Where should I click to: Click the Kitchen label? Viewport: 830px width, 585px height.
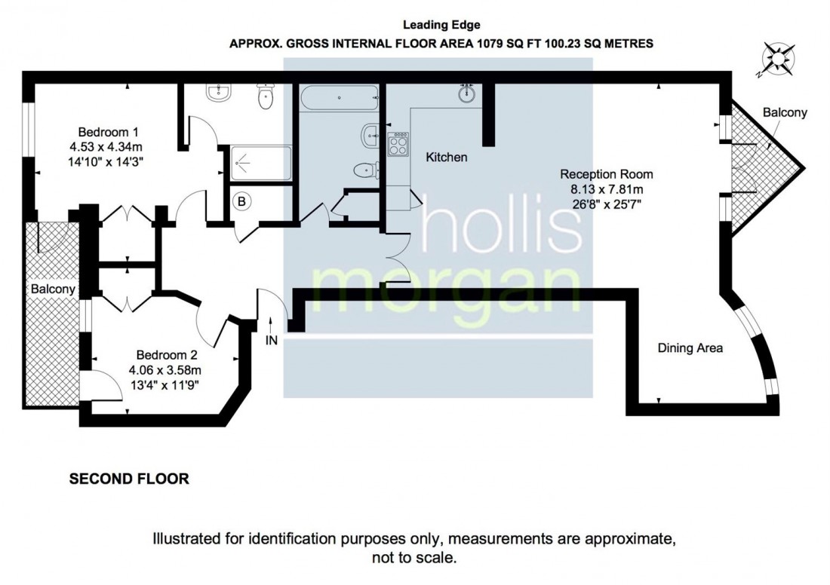pos(447,158)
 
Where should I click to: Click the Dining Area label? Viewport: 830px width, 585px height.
pos(690,348)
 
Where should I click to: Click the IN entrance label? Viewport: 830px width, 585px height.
pos(272,340)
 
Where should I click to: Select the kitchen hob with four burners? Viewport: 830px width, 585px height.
pos(398,144)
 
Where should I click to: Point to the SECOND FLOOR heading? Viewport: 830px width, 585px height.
pos(129,478)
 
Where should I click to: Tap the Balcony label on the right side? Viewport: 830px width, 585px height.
pos(785,113)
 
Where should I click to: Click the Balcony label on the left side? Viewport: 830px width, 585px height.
pos(53,289)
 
